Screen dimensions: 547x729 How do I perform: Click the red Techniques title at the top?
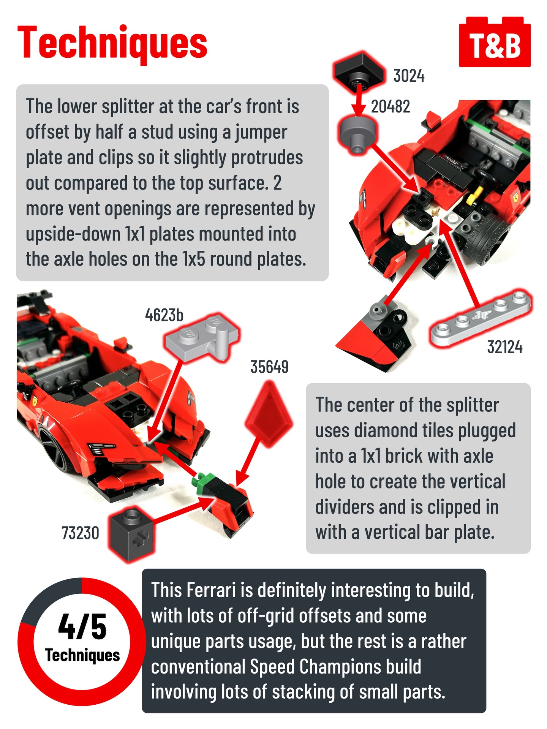[112, 43]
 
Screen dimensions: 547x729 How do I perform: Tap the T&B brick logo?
[495, 42]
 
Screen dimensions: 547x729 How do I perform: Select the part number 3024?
[409, 76]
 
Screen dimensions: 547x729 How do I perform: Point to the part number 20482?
[390, 107]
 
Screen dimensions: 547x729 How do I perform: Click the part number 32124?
[505, 347]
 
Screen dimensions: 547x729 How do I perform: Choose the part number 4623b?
[164, 315]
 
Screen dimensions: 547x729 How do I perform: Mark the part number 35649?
[269, 367]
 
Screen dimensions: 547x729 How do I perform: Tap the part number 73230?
[80, 533]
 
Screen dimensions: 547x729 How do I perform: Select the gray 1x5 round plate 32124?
[481, 318]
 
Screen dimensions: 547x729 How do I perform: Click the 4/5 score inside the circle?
[82, 626]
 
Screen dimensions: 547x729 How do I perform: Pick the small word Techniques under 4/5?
[82, 655]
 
